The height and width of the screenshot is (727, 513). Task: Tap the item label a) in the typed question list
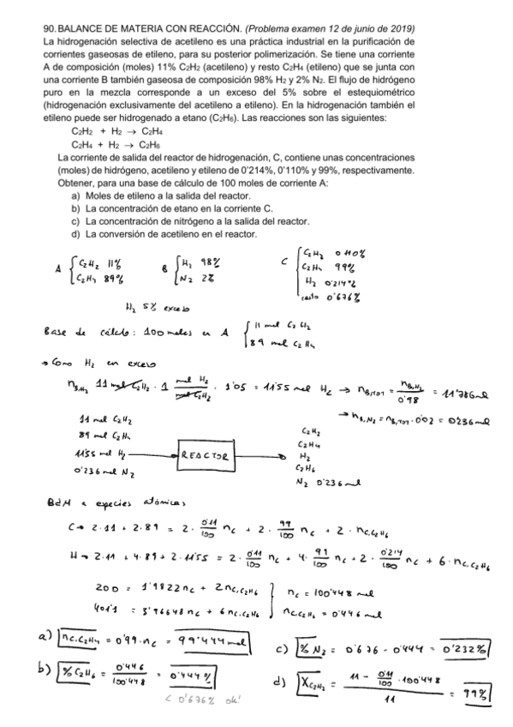[x=75, y=196]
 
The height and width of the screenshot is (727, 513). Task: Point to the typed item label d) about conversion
[x=75, y=234]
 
